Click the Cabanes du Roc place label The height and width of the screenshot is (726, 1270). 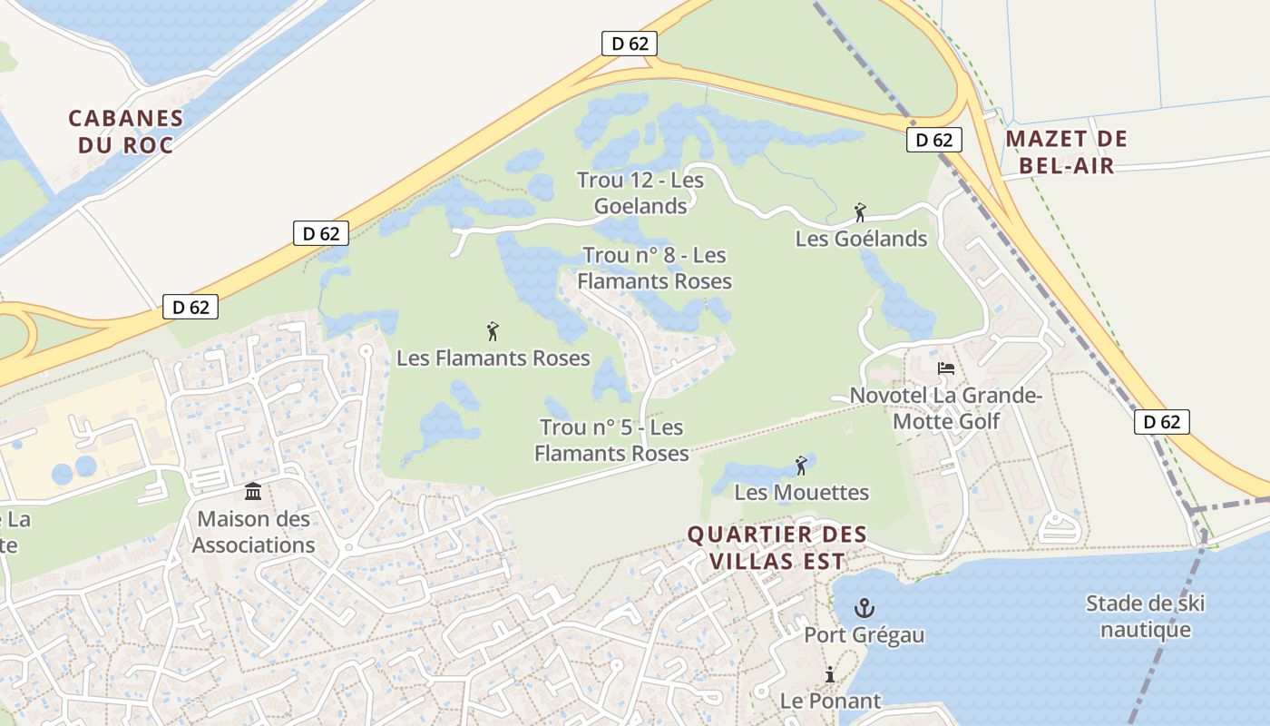(x=126, y=132)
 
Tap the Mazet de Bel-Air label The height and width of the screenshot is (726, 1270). (x=1066, y=152)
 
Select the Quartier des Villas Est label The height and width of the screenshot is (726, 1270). (x=777, y=547)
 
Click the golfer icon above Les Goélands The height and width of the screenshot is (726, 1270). (x=860, y=213)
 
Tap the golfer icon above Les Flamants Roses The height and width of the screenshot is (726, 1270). (x=493, y=331)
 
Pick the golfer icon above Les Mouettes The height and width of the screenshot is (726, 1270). (x=801, y=466)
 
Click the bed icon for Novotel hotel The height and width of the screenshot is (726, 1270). (x=946, y=368)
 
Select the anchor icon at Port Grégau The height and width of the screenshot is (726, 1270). (x=865, y=608)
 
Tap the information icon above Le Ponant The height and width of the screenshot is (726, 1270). (x=829, y=675)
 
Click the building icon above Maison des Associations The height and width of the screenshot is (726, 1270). (x=253, y=492)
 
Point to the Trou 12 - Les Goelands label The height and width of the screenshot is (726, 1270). (x=640, y=193)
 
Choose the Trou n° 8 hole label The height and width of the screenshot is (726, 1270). (x=654, y=269)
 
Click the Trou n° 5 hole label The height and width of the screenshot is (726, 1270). (x=611, y=439)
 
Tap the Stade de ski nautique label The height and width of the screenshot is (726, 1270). (x=1145, y=616)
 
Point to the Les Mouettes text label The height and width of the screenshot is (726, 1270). (x=802, y=493)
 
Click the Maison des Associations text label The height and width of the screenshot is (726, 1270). (x=253, y=533)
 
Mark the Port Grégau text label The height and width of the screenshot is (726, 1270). (x=865, y=634)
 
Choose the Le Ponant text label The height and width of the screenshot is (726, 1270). (x=830, y=701)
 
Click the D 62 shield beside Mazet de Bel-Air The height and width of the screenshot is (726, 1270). (x=933, y=140)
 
